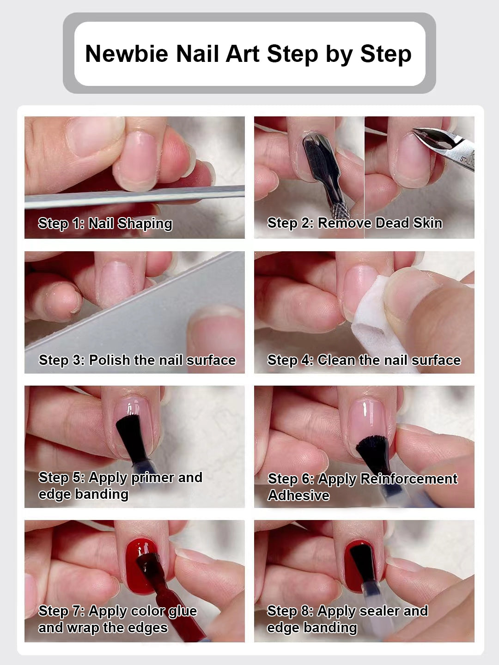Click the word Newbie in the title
coord(127,54)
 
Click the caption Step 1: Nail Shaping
coord(105,224)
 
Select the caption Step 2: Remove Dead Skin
coord(355,223)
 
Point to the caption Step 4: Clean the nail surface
coord(364,360)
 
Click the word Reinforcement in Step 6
coord(409,479)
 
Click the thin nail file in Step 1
coord(134,197)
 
